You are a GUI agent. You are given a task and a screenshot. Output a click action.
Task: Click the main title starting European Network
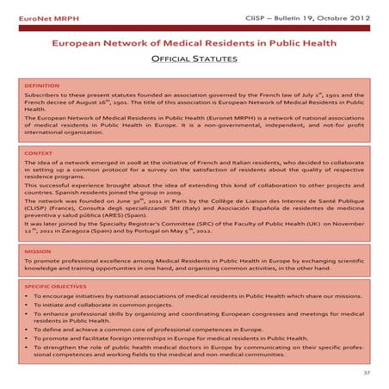pyautogui.click(x=194, y=42)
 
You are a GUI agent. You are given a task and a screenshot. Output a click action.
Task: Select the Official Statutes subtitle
pyautogui.click(x=194, y=60)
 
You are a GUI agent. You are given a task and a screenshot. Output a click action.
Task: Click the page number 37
pyautogui.click(x=367, y=374)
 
